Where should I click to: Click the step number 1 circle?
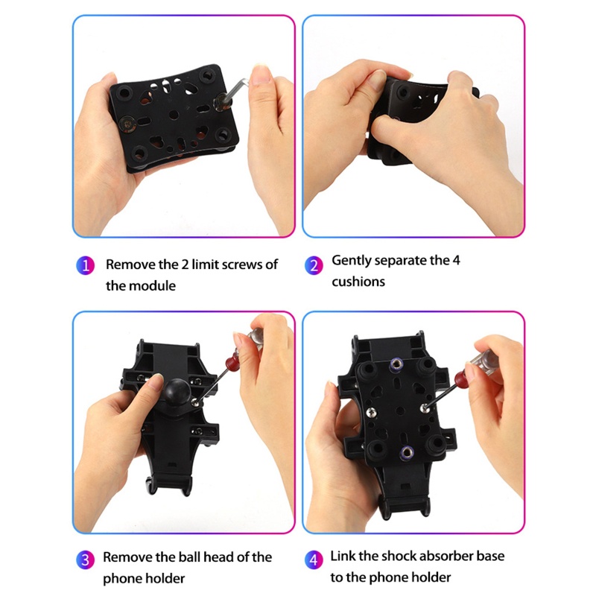(x=85, y=265)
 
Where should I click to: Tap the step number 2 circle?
(x=314, y=265)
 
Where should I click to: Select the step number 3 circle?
(x=85, y=560)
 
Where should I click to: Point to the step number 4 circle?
(x=314, y=560)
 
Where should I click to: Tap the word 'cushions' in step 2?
(x=358, y=282)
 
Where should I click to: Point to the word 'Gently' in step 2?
(x=349, y=261)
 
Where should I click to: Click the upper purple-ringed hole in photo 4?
(x=396, y=365)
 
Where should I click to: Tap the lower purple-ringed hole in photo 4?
(x=407, y=451)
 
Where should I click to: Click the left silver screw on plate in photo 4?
(x=370, y=411)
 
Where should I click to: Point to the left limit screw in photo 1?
(x=127, y=124)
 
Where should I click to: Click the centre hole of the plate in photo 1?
(x=174, y=115)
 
